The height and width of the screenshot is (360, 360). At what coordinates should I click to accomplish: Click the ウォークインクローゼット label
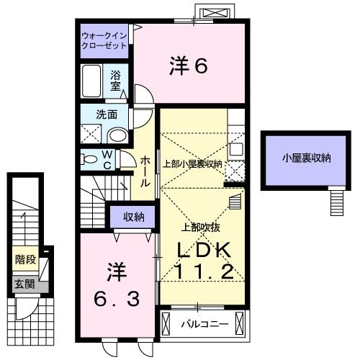[104, 40]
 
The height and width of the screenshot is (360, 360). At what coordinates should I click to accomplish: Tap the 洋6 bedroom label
[189, 66]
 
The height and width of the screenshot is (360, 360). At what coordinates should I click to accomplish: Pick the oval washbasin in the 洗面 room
[117, 135]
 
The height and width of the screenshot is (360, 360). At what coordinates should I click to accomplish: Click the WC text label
[106, 158]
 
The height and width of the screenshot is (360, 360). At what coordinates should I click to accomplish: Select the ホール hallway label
[145, 171]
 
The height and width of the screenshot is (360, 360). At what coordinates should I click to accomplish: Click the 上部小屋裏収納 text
[192, 163]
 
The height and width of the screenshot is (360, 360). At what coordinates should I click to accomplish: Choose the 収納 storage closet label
[133, 215]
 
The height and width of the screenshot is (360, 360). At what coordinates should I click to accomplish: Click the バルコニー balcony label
[204, 325]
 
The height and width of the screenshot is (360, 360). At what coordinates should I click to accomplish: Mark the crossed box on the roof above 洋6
[215, 13]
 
